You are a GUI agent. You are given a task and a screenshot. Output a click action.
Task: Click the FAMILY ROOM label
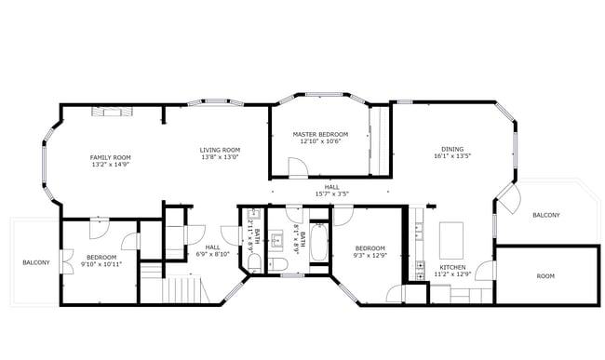[x=109, y=157]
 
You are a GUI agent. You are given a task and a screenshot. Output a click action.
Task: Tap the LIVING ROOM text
[x=220, y=150]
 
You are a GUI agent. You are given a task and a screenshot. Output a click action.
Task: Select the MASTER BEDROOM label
[x=320, y=134]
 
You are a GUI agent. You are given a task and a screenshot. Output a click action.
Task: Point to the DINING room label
[x=452, y=149]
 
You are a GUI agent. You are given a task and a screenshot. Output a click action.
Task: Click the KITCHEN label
[x=452, y=267]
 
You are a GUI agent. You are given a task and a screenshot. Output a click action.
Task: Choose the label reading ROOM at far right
[x=545, y=276]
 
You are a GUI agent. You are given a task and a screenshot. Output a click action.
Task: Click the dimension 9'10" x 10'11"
[x=101, y=264]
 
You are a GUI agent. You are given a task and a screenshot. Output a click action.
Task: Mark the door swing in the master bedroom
[x=298, y=167]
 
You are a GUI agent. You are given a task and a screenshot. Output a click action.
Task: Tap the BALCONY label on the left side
[x=35, y=263]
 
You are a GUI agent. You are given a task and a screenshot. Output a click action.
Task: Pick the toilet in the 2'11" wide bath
[x=254, y=263]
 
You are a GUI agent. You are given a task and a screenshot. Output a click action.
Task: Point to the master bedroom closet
[x=379, y=140]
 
